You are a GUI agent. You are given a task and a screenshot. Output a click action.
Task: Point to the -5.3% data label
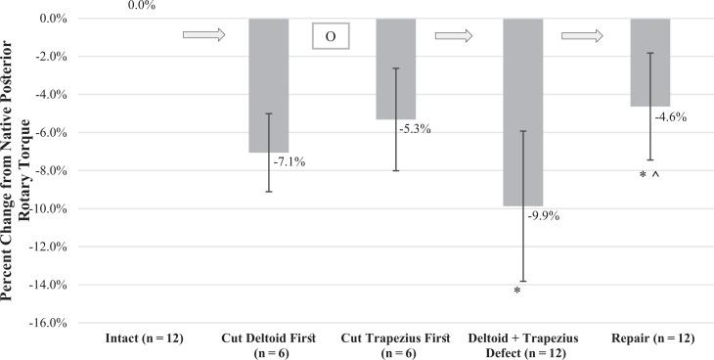pyautogui.click(x=415, y=128)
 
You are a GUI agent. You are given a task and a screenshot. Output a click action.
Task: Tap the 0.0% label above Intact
pyautogui.click(x=140, y=5)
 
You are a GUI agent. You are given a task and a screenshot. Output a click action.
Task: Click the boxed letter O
pyautogui.click(x=330, y=36)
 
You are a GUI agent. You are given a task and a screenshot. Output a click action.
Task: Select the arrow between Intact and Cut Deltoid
pyautogui.click(x=203, y=35)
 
